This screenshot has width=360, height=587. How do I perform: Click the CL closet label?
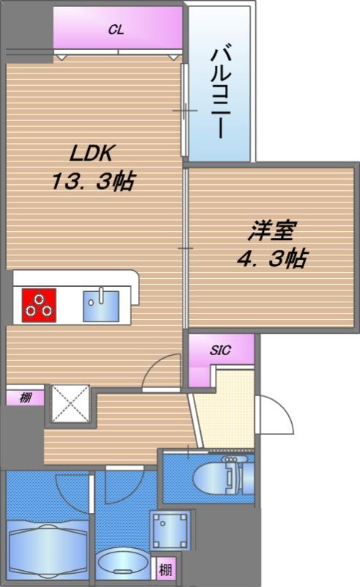click(x=116, y=30)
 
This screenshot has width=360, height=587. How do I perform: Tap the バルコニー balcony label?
click(x=221, y=93)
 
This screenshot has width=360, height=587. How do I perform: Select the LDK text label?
click(x=92, y=153)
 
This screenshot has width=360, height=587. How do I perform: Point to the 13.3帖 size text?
click(x=93, y=181)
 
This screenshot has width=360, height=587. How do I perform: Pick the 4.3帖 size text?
click(x=272, y=258)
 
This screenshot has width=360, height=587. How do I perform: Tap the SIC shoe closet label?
click(x=221, y=351)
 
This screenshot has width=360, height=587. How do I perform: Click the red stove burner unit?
click(x=39, y=305)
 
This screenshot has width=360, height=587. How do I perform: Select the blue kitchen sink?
click(x=101, y=306)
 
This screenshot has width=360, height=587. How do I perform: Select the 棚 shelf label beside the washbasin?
click(x=166, y=570)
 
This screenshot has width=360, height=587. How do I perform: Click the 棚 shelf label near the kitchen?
click(x=26, y=398)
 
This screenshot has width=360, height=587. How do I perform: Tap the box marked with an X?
click(x=70, y=404)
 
